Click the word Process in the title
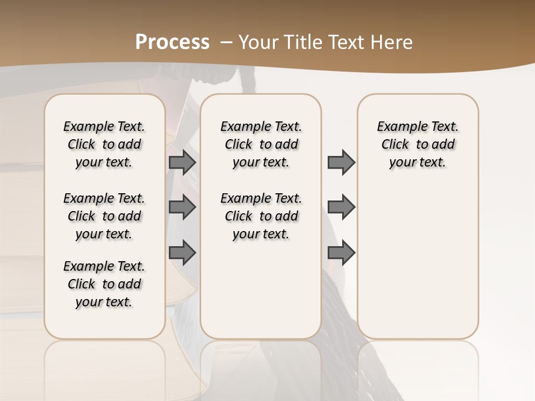click(172, 42)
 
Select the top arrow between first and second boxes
click(182, 162)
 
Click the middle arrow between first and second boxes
click(182, 207)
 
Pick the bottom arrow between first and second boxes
click(182, 253)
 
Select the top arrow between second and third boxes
click(341, 162)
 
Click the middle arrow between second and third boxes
click(341, 207)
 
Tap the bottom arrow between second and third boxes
click(341, 253)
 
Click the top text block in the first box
click(104, 144)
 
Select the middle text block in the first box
click(104, 216)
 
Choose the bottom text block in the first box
click(104, 284)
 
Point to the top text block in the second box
click(261, 144)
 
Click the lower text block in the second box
click(261, 216)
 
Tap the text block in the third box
click(418, 144)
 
